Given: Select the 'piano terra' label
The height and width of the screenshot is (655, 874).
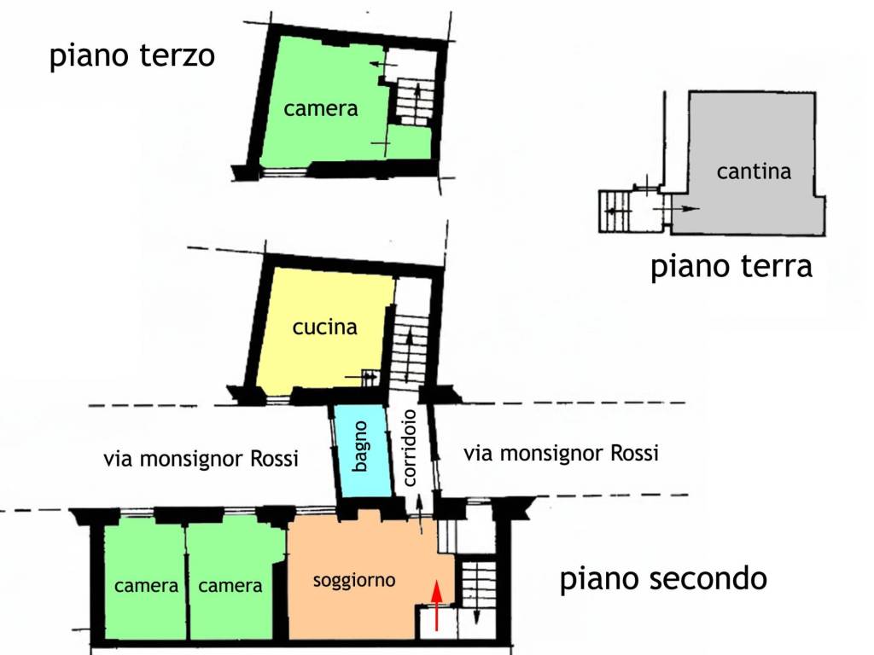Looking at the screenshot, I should (731, 266).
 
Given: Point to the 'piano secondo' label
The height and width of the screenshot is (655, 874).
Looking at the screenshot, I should (663, 579).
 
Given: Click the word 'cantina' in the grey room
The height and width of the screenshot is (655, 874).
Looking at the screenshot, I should (754, 171).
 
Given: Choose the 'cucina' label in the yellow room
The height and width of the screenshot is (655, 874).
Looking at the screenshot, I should (324, 327).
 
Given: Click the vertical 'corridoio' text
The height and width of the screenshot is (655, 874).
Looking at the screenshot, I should (410, 447).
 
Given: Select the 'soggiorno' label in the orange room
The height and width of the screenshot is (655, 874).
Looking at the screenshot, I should (354, 581).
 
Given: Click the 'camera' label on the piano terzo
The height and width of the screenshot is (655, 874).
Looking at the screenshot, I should (321, 109).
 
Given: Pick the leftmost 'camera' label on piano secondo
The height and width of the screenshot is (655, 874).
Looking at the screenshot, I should (146, 586).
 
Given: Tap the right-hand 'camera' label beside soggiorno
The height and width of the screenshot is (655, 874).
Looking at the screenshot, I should (230, 586).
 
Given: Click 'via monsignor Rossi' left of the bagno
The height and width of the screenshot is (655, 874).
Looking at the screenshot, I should (201, 459).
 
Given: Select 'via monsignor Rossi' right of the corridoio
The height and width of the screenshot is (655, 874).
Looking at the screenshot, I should (561, 453).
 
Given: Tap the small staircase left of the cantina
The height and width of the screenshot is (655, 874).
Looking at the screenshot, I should (615, 211).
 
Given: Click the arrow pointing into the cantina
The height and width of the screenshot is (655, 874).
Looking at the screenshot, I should (684, 208).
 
